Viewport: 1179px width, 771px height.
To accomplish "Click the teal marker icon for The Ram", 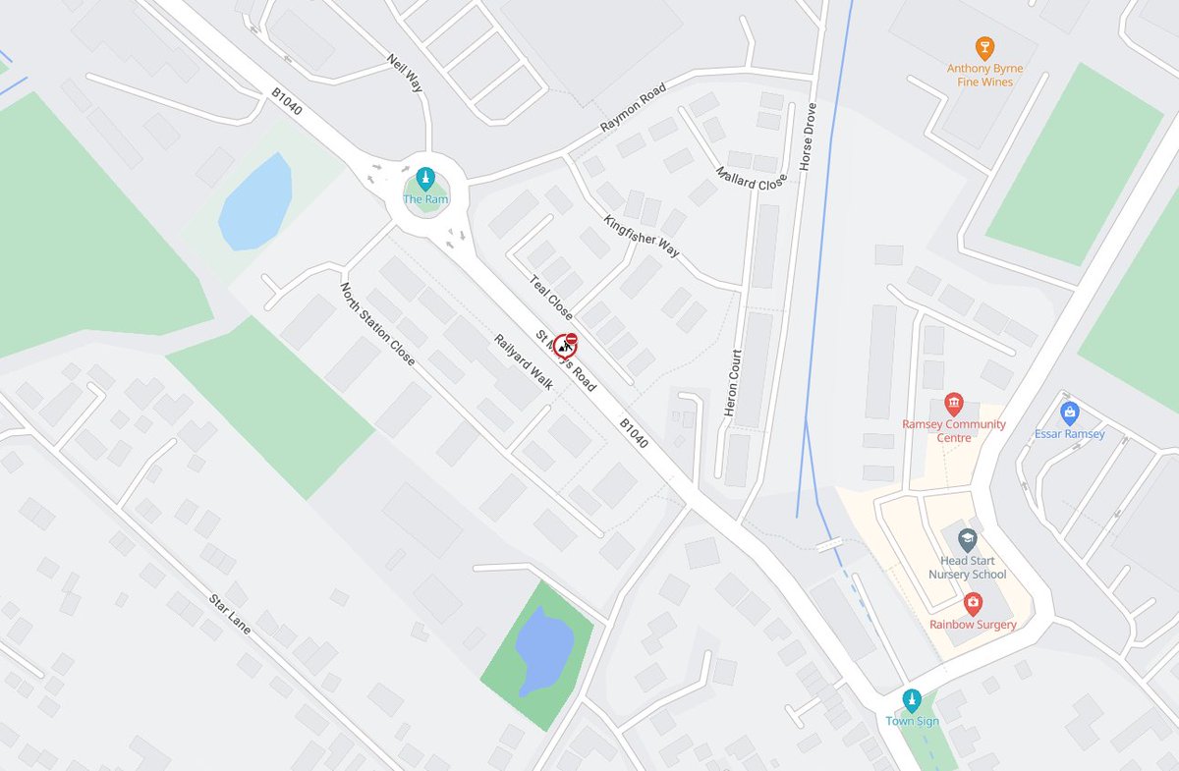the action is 424,178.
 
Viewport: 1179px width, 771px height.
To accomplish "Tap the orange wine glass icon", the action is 984,48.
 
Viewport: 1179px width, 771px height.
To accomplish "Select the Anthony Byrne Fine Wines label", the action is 984,76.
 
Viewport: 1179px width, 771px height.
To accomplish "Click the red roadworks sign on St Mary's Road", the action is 565,345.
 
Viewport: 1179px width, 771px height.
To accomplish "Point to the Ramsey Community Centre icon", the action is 953,404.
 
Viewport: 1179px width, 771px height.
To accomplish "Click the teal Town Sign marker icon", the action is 912,699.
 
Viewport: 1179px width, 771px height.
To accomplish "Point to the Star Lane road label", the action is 231,614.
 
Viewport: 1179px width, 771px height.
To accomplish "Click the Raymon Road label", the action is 633,109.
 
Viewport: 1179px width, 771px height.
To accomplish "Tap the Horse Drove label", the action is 810,137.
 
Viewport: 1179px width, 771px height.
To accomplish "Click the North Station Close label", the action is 377,324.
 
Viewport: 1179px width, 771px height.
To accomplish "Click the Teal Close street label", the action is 550,297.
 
